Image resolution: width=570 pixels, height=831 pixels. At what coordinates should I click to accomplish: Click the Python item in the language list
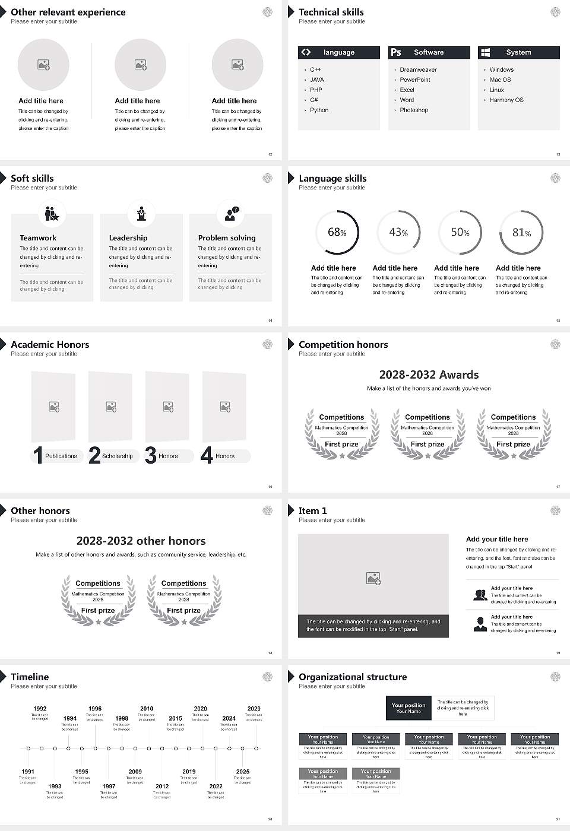coord(319,110)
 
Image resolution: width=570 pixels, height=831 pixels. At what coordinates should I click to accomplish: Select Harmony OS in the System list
coord(506,100)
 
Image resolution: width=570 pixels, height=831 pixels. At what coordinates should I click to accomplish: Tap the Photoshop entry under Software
coord(414,110)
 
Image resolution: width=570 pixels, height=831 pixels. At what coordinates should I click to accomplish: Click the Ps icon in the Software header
coord(396,52)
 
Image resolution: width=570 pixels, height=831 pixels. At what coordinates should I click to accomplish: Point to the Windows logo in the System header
coord(485,52)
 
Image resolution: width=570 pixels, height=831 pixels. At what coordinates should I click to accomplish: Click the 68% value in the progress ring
coord(337,232)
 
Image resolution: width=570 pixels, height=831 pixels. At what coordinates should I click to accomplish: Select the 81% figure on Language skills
coord(521,233)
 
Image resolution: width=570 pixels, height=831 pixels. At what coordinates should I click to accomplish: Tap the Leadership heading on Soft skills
coord(128,237)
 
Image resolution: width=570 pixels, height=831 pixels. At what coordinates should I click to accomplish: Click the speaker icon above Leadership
coord(141,213)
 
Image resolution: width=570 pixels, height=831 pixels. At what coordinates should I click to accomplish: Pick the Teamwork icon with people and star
coord(52,213)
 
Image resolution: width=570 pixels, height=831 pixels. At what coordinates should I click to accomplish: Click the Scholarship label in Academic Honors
coord(117,456)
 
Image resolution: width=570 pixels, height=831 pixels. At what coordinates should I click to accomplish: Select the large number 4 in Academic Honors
coord(207,455)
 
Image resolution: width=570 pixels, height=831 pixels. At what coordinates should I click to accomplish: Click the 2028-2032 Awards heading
coord(429,375)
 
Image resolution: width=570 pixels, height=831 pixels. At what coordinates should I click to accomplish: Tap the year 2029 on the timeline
coord(254,709)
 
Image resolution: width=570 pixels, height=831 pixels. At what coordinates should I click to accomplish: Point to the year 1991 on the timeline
coord(28,772)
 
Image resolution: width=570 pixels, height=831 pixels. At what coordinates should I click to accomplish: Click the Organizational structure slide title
coord(353,677)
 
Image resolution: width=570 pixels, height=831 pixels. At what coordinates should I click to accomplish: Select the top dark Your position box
coord(408,708)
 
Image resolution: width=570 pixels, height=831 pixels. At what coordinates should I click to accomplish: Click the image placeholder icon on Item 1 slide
coord(373,578)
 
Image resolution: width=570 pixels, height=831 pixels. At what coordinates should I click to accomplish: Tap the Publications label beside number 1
coord(61,456)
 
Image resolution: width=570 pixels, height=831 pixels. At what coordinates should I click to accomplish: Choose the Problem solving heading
coord(227,237)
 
